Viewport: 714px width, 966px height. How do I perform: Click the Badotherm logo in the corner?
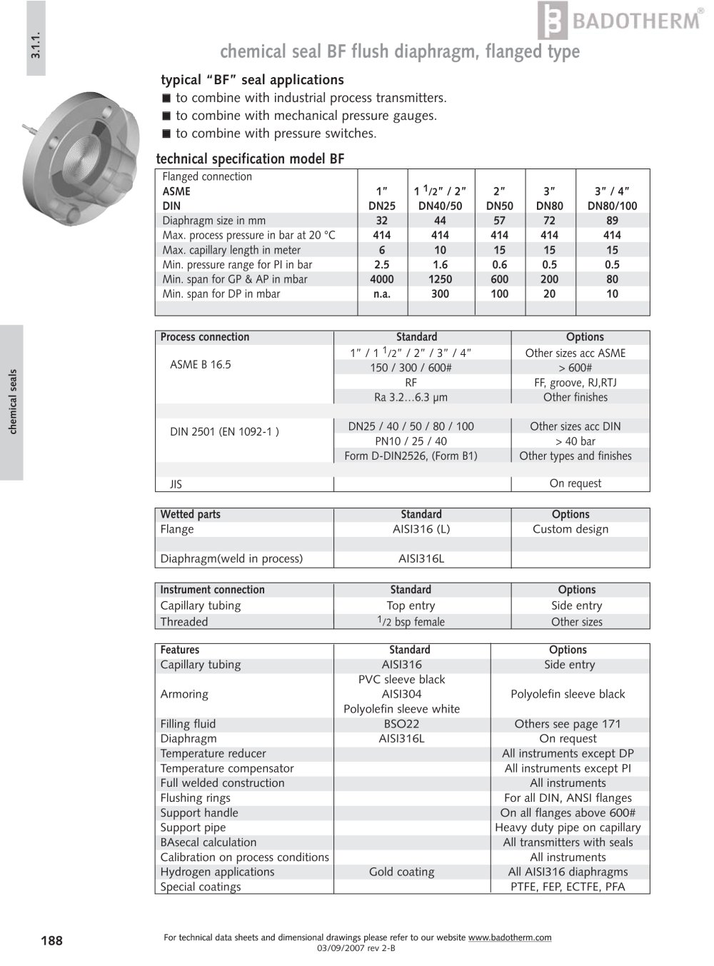pos(619,21)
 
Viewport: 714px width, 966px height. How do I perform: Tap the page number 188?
pos(51,940)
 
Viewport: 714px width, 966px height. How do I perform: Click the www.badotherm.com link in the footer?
pos(510,937)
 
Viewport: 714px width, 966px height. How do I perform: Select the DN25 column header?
pos(382,206)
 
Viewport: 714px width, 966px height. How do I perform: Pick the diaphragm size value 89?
pos(612,221)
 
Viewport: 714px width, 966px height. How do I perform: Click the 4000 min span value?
pos(382,279)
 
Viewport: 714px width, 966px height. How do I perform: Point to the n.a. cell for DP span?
pos(382,294)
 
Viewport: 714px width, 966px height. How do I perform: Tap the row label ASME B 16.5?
pos(201,364)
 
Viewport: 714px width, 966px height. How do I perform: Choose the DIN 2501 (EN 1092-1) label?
pos(224,431)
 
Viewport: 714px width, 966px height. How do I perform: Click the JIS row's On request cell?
pos(575,483)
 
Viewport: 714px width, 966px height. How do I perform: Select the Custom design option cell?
pos(570,529)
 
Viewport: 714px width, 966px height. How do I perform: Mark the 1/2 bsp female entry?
pos(411,622)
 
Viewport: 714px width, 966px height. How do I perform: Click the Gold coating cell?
pos(401,872)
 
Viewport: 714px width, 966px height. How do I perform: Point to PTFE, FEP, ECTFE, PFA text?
pos(568,887)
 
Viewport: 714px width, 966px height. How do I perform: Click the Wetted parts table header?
pos(191,514)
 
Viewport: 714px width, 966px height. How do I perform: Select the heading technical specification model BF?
pos(250,159)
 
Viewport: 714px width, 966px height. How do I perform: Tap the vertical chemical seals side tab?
pos(12,402)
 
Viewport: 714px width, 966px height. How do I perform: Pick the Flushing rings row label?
pos(195,798)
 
